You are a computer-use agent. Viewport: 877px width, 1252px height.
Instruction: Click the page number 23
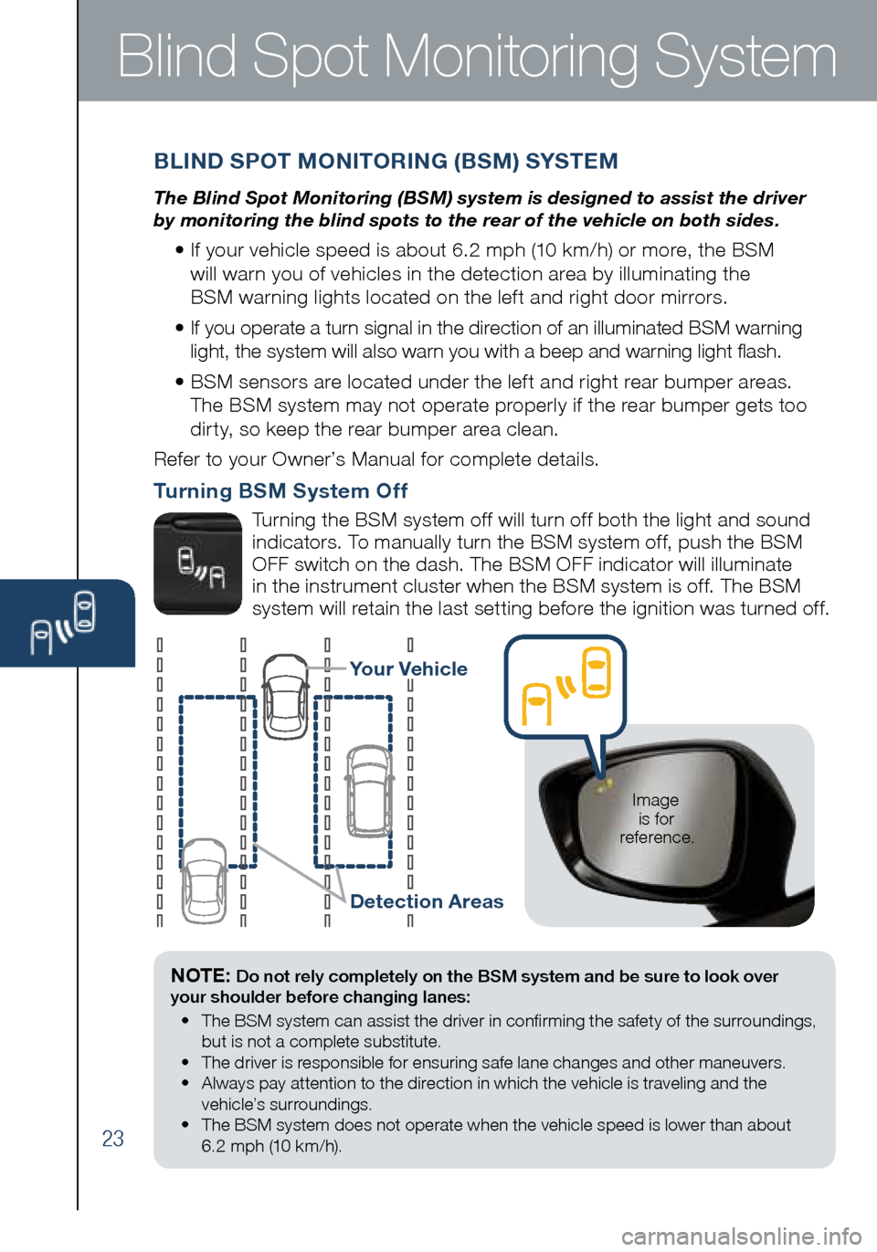pyautogui.click(x=112, y=1138)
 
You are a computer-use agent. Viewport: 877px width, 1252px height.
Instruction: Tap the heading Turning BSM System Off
pyautogui.click(x=280, y=491)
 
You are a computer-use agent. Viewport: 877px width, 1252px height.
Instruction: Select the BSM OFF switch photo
pyautogui.click(x=197, y=563)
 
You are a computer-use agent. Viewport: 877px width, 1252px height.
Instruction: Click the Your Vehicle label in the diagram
pyautogui.click(x=407, y=669)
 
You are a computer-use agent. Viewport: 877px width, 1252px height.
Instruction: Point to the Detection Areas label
pyautogui.click(x=427, y=901)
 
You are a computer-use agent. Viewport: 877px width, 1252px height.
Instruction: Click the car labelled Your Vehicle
pyautogui.click(x=286, y=696)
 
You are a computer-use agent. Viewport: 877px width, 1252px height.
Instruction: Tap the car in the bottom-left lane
pyautogui.click(x=204, y=881)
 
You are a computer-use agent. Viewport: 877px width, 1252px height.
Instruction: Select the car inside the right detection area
pyautogui.click(x=369, y=791)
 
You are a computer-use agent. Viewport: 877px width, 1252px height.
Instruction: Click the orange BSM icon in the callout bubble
pyautogui.click(x=565, y=687)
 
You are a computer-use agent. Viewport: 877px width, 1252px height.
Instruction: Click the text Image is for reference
pyautogui.click(x=656, y=818)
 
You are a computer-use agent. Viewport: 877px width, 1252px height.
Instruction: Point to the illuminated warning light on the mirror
pyautogui.click(x=602, y=784)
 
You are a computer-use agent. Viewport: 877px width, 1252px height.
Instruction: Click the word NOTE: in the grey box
pyautogui.click(x=200, y=975)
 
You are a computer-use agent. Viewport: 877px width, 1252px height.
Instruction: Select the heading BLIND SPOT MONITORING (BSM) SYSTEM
pyautogui.click(x=386, y=162)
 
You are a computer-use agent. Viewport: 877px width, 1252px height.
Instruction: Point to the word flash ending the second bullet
pyautogui.click(x=758, y=352)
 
